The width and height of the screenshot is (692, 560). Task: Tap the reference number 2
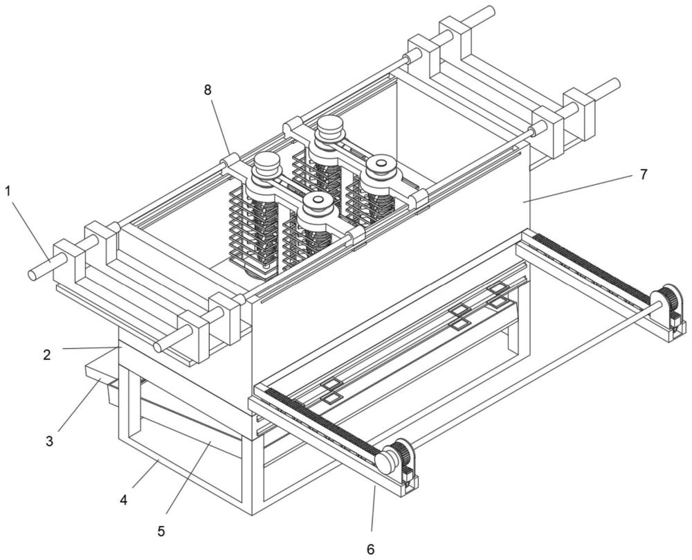[x=46, y=354]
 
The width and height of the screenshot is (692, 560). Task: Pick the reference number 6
[x=370, y=548]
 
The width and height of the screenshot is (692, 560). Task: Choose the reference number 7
[x=643, y=174]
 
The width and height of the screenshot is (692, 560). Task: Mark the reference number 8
[x=207, y=91]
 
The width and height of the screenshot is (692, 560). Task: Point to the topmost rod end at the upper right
[x=489, y=11]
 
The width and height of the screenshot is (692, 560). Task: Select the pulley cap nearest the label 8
[x=264, y=165]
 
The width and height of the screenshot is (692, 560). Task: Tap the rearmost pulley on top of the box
[x=330, y=127]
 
